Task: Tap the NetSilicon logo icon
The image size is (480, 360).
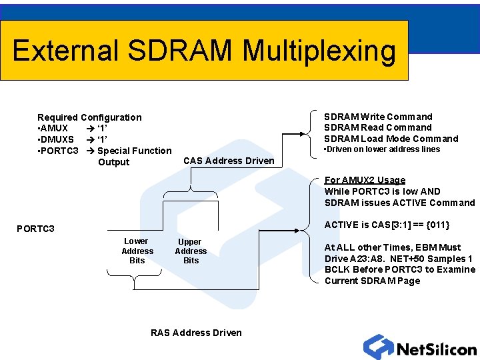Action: click(378, 347)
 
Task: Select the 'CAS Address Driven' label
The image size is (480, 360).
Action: click(229, 161)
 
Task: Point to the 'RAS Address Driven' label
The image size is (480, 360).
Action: click(196, 333)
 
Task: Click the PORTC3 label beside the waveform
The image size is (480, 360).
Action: click(35, 229)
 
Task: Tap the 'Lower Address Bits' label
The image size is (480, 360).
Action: click(137, 251)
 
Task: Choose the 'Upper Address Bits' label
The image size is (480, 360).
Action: click(191, 251)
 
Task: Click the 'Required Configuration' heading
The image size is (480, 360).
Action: click(89, 117)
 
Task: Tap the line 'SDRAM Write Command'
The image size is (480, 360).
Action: click(378, 117)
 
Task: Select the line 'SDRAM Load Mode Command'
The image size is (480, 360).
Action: click(391, 139)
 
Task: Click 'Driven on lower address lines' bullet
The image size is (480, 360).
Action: click(382, 149)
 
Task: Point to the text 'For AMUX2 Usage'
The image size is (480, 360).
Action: click(365, 180)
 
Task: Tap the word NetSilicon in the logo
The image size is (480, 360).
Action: click(436, 349)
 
